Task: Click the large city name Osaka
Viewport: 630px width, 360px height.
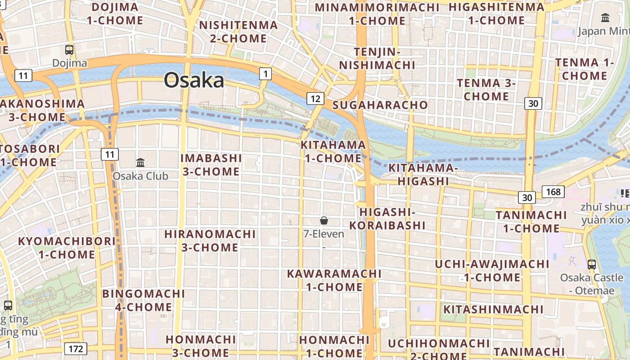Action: click(x=194, y=81)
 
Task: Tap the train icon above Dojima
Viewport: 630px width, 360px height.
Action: click(x=69, y=50)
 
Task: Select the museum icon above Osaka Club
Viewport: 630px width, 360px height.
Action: click(x=140, y=162)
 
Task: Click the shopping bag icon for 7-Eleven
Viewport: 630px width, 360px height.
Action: click(x=324, y=220)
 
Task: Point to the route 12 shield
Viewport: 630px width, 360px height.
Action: click(x=315, y=99)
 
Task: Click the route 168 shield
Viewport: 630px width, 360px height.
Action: click(x=553, y=192)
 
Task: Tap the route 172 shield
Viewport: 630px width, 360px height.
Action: click(x=76, y=348)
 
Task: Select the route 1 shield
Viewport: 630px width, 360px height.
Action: click(x=265, y=73)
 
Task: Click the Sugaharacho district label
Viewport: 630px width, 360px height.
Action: click(x=380, y=105)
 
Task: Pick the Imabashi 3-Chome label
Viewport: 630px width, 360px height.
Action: click(x=211, y=165)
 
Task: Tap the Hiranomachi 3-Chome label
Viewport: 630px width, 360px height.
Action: click(x=210, y=241)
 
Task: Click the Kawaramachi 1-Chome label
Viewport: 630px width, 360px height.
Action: click(x=334, y=280)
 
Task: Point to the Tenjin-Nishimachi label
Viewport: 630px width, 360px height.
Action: click(x=377, y=58)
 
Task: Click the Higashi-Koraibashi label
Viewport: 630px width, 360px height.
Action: click(x=387, y=218)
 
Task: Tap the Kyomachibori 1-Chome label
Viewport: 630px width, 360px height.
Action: click(x=67, y=247)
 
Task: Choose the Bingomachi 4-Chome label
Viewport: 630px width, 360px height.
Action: click(x=144, y=300)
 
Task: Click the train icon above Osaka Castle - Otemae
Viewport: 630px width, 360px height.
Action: click(x=592, y=265)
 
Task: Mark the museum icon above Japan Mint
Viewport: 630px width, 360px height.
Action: click(x=605, y=18)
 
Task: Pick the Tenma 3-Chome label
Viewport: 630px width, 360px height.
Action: click(x=486, y=90)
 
